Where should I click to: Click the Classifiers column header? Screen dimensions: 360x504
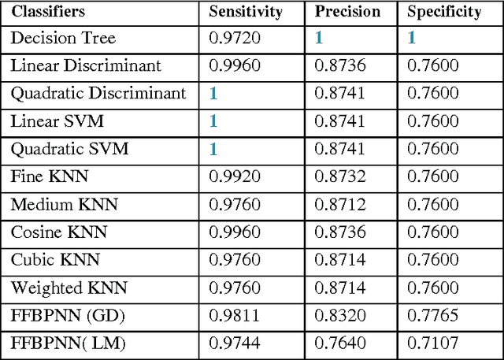click(48, 12)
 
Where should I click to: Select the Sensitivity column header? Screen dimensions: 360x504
click(245, 12)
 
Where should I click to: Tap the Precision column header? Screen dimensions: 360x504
click(347, 12)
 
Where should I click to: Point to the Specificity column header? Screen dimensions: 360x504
click(444, 12)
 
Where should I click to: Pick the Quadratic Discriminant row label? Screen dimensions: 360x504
click(98, 94)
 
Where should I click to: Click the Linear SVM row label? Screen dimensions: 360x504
click(57, 121)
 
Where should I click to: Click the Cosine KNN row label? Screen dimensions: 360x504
click(58, 232)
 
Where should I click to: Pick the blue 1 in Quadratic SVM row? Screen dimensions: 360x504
click(213, 149)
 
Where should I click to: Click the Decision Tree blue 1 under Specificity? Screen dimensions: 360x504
click(411, 38)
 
